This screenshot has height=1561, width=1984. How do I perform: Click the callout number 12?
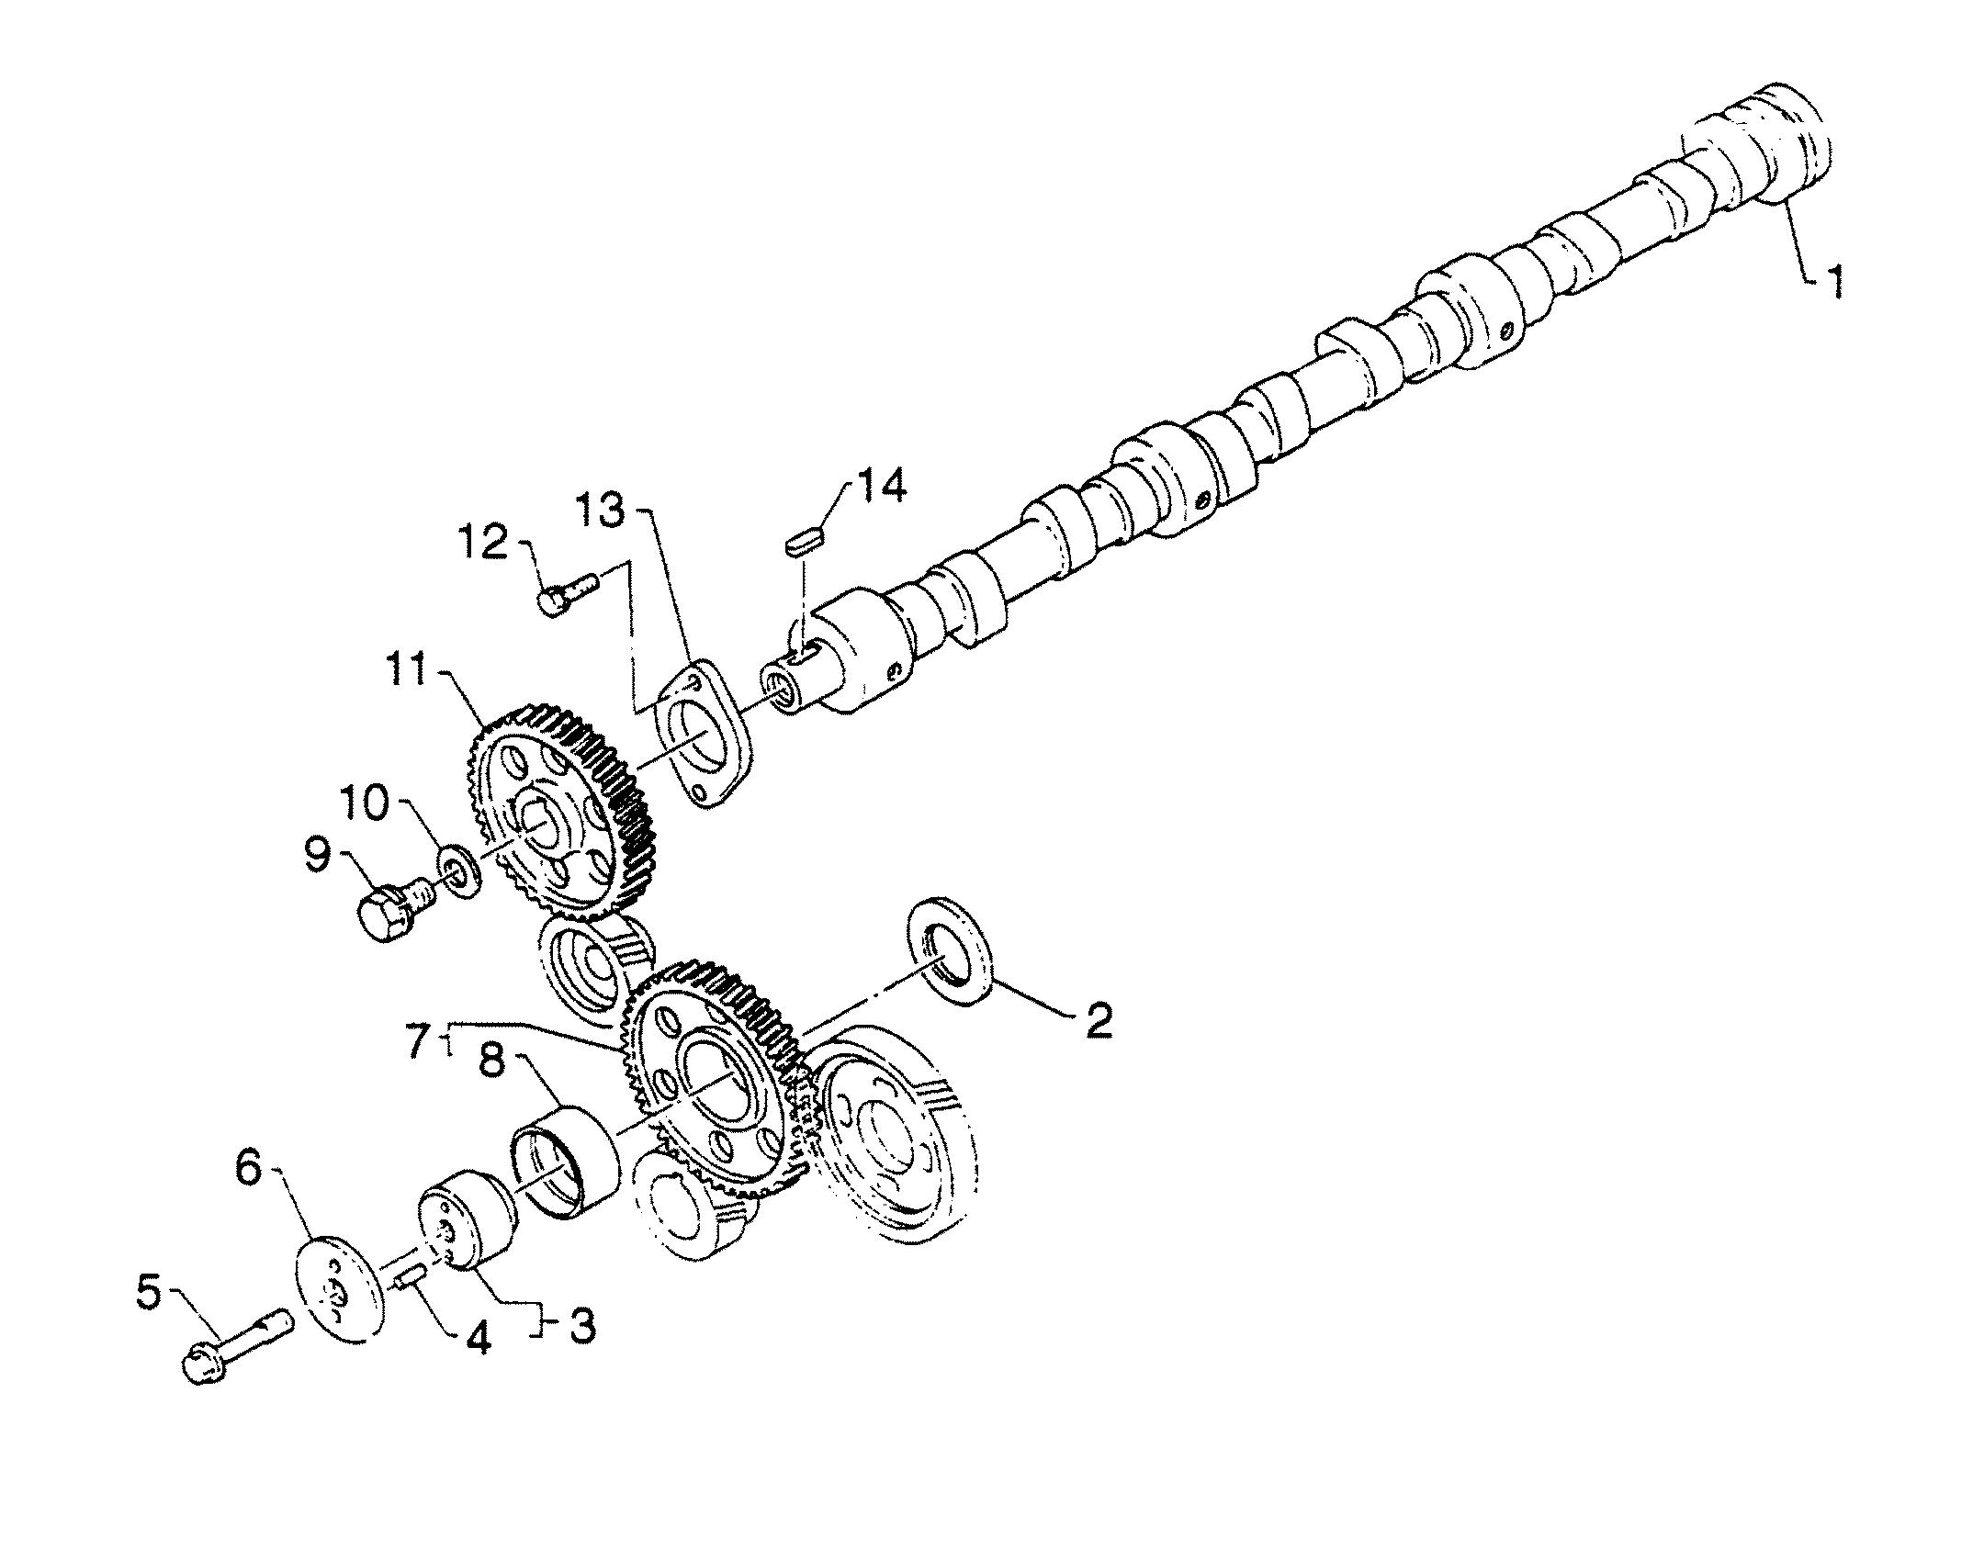pos(484,542)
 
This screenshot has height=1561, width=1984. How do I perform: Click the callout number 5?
pos(159,1295)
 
